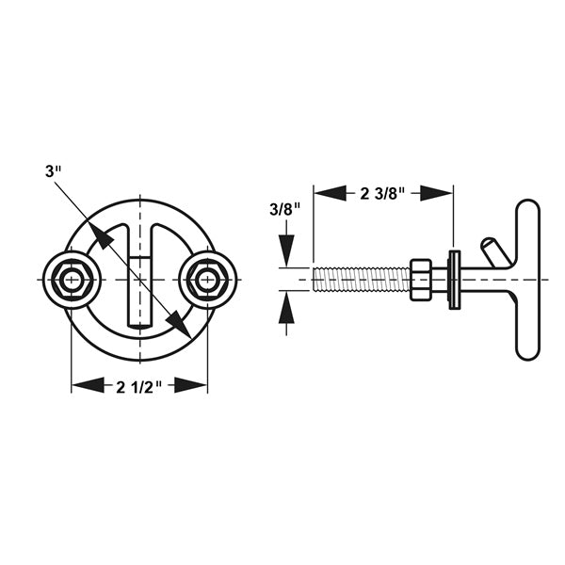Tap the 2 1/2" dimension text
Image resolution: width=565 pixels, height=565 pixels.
(x=139, y=384)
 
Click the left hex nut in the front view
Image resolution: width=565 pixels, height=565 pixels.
(x=71, y=280)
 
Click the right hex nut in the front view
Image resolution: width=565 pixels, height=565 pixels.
(x=206, y=280)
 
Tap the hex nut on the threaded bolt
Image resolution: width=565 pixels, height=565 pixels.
(x=421, y=280)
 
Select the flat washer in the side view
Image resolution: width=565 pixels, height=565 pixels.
(x=454, y=279)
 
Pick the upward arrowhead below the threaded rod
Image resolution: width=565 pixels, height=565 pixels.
(x=286, y=308)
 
